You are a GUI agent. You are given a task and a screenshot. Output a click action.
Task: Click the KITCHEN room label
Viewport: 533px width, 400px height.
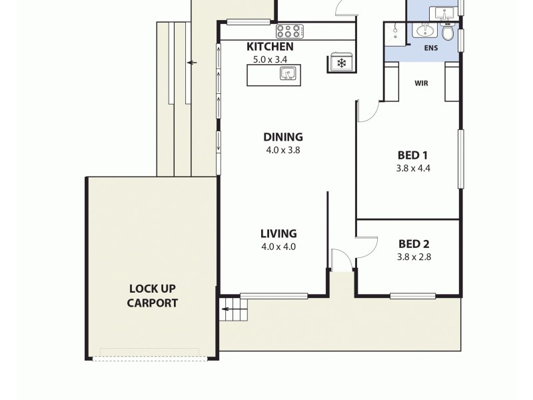270,47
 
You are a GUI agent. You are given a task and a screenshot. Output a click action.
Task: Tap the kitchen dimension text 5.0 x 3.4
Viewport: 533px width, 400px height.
270,59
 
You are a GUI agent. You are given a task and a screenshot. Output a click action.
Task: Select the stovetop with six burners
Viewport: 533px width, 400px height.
290,31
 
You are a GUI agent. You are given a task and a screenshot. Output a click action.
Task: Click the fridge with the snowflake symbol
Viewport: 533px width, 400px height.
341,63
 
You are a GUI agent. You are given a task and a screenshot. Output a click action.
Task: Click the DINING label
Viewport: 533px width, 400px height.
282,137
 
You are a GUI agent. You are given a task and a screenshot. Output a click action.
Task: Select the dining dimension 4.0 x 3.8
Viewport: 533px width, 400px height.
282,150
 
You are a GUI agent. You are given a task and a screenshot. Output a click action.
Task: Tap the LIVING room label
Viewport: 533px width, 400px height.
278,234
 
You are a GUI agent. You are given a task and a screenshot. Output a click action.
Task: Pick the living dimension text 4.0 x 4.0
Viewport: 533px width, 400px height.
278,247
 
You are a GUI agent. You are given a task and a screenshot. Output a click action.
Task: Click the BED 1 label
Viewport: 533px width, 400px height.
412,155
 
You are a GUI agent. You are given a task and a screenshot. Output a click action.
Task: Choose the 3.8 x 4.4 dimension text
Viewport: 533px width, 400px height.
412,168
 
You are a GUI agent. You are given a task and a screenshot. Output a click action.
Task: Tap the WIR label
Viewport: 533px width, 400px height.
421,83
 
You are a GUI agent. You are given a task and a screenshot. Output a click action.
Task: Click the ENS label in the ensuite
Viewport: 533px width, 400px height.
432,49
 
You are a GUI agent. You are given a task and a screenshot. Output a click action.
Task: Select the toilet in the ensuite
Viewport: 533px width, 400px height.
448,31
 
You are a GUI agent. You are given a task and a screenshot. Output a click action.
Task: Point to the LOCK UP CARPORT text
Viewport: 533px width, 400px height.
153,295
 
